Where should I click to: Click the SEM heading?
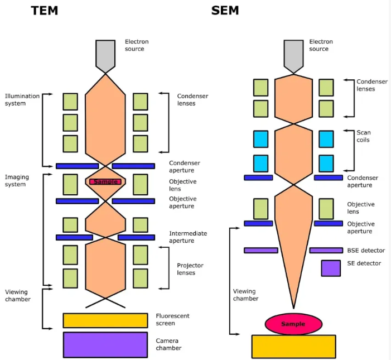(226, 10)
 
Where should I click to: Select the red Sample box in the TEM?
(105, 182)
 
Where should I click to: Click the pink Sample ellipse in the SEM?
(293, 324)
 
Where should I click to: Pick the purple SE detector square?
(330, 268)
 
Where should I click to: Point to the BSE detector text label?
(366, 251)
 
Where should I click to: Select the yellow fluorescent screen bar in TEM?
(105, 320)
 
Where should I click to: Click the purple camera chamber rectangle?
(105, 344)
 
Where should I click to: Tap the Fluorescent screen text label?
(173, 319)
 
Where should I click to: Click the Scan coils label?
(364, 136)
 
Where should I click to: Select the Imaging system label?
(17, 181)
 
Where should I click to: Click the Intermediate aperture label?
(188, 237)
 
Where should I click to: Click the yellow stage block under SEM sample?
(293, 346)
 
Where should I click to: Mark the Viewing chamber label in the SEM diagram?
(245, 295)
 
